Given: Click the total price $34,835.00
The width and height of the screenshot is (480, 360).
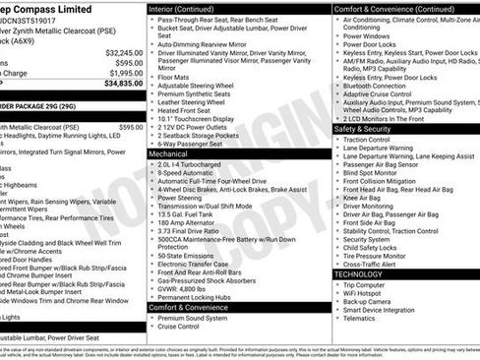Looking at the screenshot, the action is tap(123, 84).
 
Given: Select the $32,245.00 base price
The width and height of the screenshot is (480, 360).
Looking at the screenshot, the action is tap(123, 52).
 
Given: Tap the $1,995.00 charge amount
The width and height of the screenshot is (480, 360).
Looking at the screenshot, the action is tap(125, 73).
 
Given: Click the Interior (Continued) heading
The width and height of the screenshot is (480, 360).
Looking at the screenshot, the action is tap(186, 8).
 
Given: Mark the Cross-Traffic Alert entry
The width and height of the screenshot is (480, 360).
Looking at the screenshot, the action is tap(372, 264).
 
